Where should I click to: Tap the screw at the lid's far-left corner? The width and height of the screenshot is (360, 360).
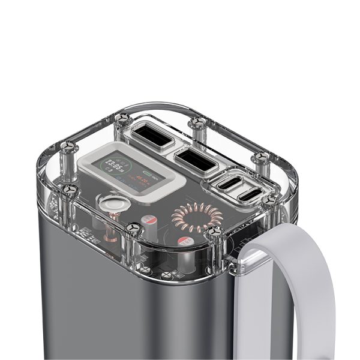coord(68,146)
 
